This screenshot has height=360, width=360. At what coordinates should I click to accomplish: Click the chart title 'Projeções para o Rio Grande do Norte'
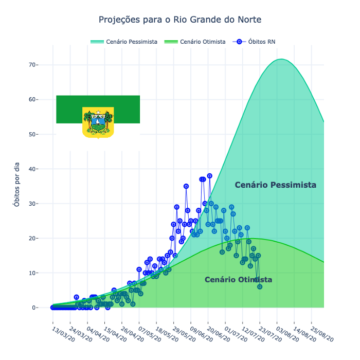tap(180, 20)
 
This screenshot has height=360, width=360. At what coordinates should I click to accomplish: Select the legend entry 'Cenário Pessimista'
tap(132, 42)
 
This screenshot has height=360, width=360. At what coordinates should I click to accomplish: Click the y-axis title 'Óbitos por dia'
tap(17, 186)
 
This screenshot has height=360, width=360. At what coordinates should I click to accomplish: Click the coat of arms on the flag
tap(98, 122)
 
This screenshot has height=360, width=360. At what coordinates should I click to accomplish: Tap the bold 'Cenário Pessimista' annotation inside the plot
tap(275, 185)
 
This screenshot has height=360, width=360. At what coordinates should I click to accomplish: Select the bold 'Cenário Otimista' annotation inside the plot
tap(238, 280)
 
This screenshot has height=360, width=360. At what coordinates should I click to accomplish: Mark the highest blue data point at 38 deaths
tap(209, 176)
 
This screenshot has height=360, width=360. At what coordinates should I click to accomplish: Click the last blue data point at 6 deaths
tap(260, 287)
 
